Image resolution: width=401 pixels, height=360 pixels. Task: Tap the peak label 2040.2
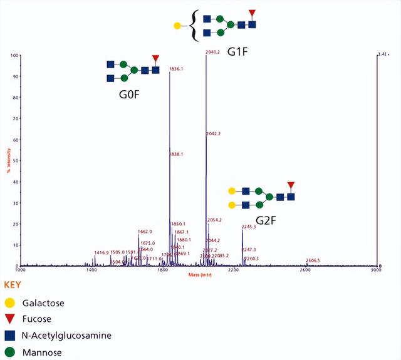213,52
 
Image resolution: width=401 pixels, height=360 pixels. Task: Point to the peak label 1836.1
177,69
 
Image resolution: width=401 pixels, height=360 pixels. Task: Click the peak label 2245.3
249,227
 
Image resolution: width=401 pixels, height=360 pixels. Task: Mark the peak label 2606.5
313,260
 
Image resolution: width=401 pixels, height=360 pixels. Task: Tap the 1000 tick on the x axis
20,269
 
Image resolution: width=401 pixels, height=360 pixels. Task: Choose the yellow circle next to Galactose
9,303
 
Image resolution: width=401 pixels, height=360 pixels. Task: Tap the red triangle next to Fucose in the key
9,319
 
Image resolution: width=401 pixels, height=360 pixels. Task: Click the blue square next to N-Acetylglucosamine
9,336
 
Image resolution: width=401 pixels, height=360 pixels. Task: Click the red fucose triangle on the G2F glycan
291,185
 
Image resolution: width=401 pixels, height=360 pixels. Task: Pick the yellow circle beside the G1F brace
177,26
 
